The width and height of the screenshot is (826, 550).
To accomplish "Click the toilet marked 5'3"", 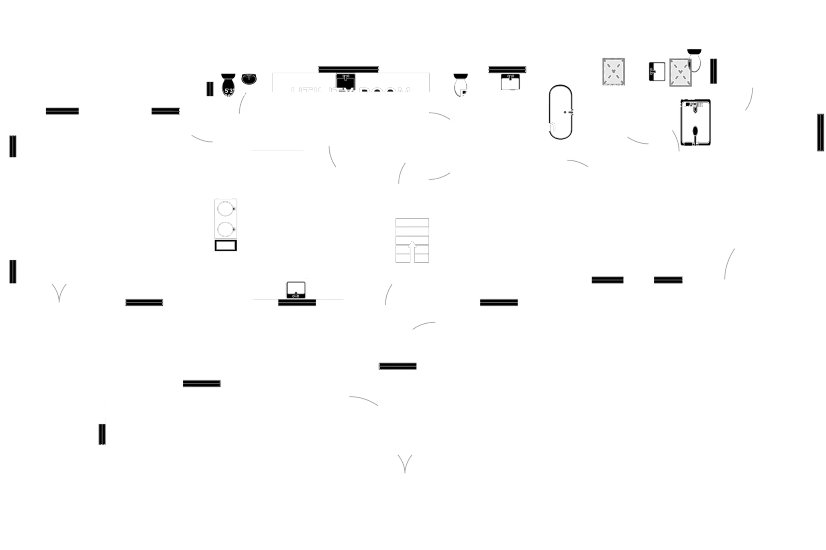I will tap(228, 85).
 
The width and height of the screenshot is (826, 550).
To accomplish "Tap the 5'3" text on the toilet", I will tap(229, 91).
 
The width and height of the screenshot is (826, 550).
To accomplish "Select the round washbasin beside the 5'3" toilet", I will tap(249, 79).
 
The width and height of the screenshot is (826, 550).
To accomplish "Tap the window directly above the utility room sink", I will tap(348, 69).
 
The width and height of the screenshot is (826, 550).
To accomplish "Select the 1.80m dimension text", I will tap(693, 105).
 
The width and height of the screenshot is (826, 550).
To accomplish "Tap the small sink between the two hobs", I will tap(657, 72).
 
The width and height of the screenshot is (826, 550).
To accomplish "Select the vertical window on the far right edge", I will tap(821, 132).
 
